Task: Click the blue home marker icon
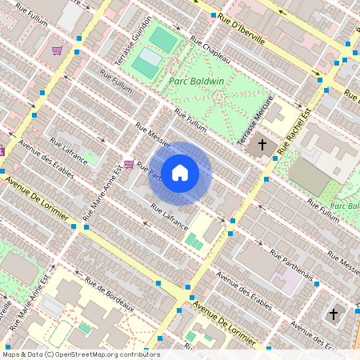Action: pos(180,173)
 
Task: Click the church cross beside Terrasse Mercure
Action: pos(261,147)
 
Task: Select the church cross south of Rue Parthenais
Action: pos(334,314)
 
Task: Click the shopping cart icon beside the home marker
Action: pos(129,164)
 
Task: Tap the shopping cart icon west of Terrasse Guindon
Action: pos(57,50)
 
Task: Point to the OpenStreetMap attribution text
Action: pos(80,354)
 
